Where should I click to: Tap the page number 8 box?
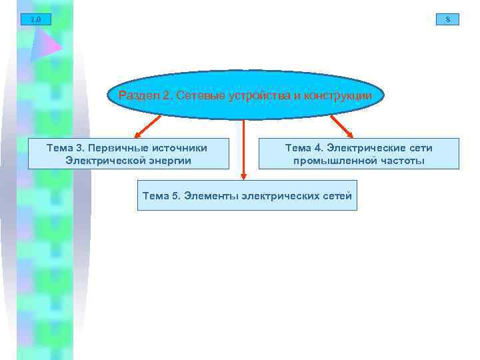pos(447,19)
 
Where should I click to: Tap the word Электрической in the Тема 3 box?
pos(103,160)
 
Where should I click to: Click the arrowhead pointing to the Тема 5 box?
pos(243,176)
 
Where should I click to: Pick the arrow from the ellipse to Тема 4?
pos(341,126)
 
